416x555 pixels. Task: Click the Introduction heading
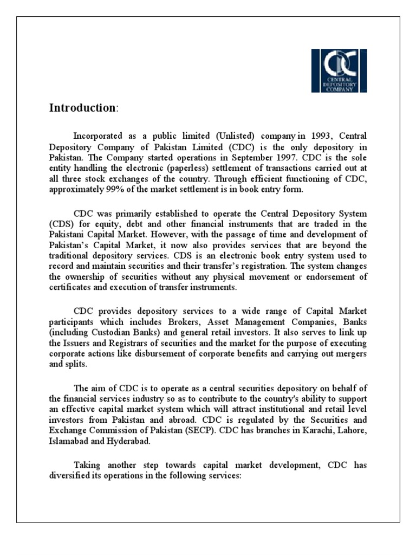click(82, 107)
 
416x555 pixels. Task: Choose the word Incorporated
click(96, 134)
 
